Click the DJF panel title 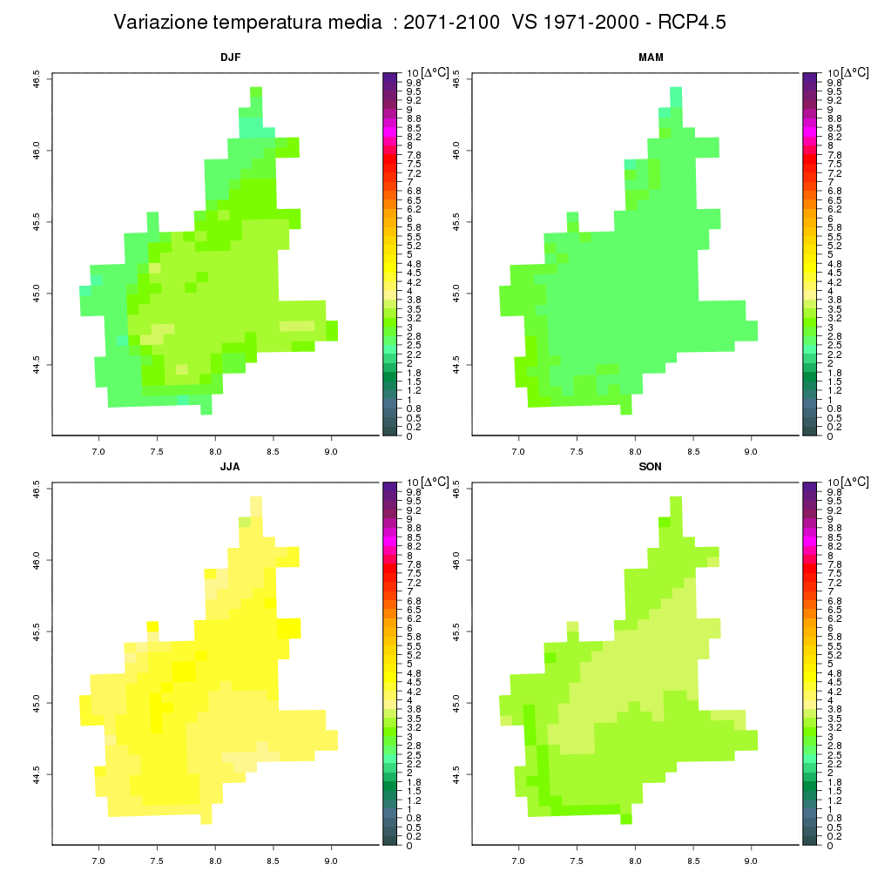pos(231,57)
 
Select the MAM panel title pos(651,57)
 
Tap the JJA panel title pos(230,467)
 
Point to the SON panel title pos(651,467)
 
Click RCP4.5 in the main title pos(692,23)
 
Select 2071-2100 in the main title pos(451,23)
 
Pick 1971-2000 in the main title pos(591,23)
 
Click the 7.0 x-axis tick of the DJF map pos(98,451)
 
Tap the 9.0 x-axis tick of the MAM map pos(751,451)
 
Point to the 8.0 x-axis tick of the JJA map pos(215,861)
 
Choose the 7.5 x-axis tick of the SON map pos(577,861)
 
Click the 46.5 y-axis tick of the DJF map pos(36,78)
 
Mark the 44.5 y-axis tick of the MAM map pos(456,365)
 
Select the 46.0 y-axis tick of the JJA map pos(36,559)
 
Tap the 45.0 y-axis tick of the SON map pos(456,703)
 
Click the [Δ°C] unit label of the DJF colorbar pos(435,73)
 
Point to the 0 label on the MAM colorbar pos(830,436)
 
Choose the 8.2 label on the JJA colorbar pos(414,546)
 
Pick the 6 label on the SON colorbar pos(830,628)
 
